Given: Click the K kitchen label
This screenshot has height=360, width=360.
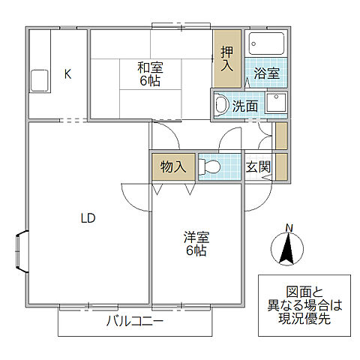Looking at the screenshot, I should (x=67, y=73).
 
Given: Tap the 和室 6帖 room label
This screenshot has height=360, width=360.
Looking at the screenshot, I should (x=150, y=73).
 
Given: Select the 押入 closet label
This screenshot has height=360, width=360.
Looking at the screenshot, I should (x=227, y=58).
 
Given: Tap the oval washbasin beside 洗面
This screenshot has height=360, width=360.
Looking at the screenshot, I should (x=220, y=104).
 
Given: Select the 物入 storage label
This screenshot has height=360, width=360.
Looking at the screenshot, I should (x=174, y=166).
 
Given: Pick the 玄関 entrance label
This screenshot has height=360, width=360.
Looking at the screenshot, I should (x=259, y=166).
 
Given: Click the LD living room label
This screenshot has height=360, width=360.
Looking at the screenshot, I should (x=88, y=218).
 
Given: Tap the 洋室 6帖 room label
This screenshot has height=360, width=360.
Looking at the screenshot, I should (x=196, y=243).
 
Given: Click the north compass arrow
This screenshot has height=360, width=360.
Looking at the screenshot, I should (x=286, y=249).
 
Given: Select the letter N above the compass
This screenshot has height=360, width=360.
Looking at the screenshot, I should (x=289, y=228).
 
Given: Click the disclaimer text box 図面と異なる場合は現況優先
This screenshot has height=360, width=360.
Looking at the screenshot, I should (x=303, y=306).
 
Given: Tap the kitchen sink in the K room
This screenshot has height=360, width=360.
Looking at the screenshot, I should (x=38, y=79).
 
